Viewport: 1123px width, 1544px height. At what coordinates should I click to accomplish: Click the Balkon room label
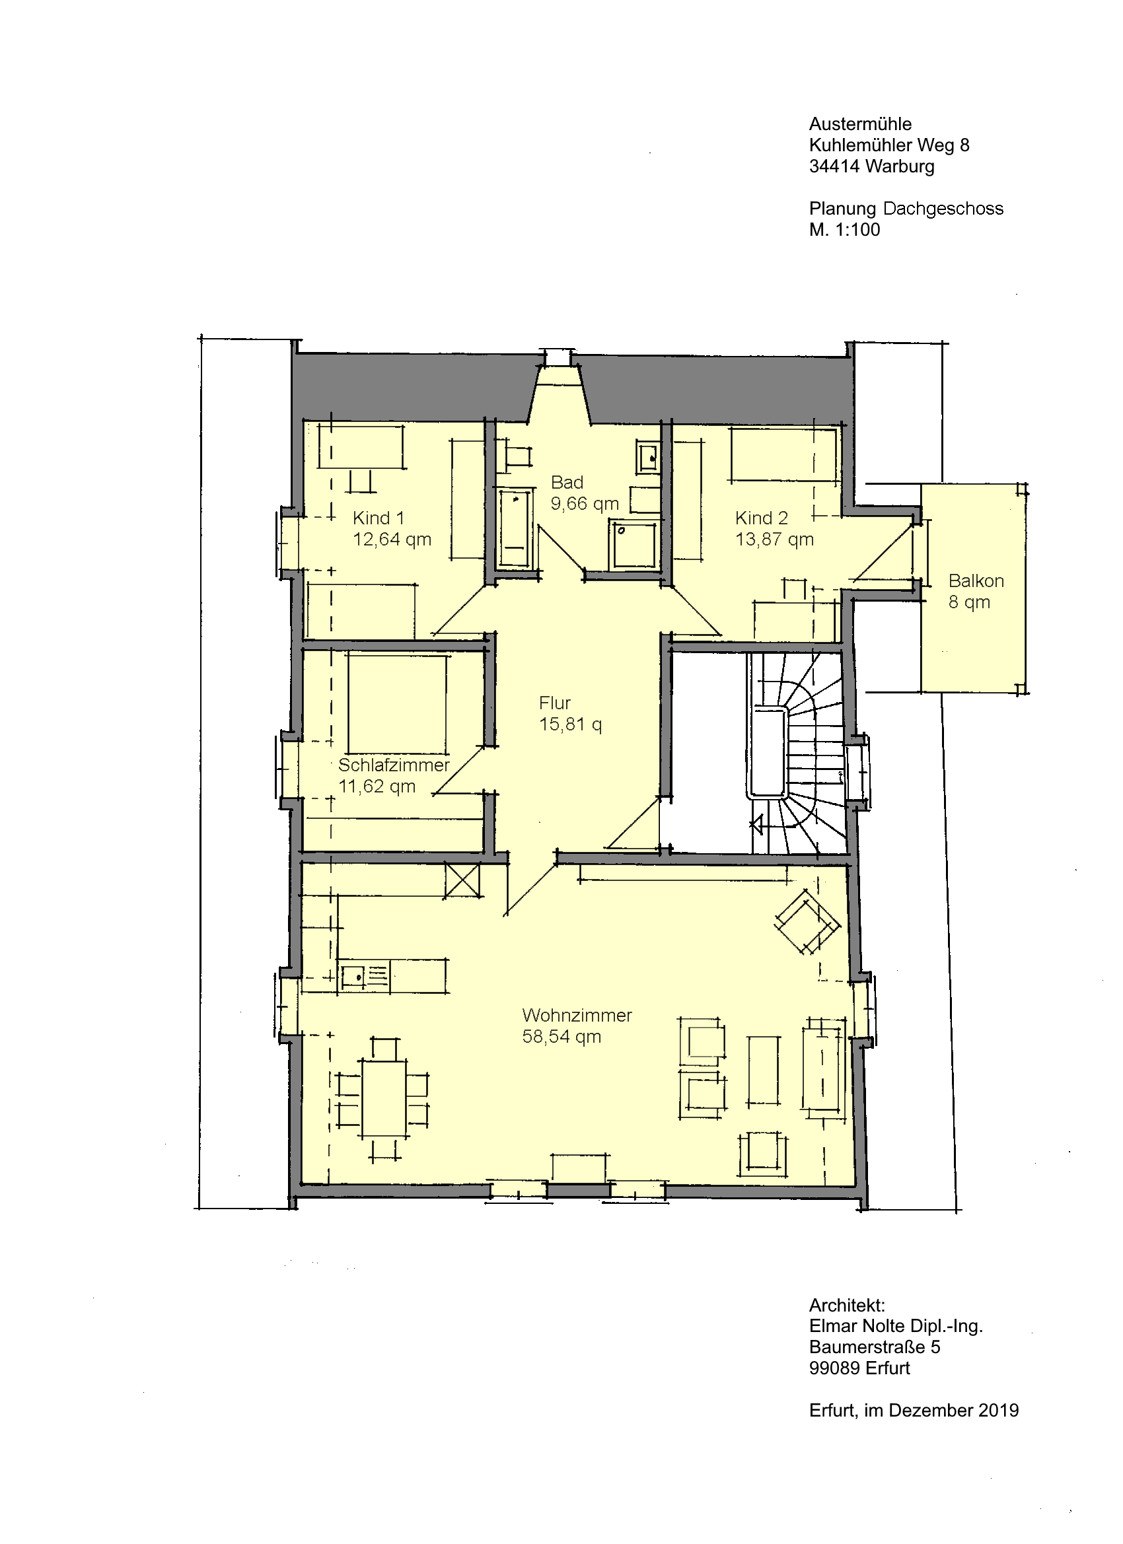coord(976,581)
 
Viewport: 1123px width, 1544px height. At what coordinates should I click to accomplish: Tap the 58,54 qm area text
coord(562,1037)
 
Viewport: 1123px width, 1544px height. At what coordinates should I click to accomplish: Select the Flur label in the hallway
coord(555,703)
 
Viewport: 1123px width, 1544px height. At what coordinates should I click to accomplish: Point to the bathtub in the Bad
coord(515,529)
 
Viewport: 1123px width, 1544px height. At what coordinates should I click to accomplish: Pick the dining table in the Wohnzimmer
coord(384,1097)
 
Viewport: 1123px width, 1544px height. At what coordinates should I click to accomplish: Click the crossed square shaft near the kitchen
coord(462,881)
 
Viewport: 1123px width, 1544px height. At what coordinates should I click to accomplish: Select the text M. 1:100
coord(844,230)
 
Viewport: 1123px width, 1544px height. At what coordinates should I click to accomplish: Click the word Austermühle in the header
coord(860,125)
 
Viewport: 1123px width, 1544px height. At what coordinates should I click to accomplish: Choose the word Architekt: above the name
coord(847,1306)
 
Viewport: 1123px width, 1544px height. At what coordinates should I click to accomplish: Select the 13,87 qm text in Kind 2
coord(774,540)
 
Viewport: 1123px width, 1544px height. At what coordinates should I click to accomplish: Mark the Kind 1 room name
coord(379,518)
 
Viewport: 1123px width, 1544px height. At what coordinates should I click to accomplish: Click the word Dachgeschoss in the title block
coord(943,209)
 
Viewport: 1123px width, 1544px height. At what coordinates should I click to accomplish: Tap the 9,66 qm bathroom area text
coord(585,504)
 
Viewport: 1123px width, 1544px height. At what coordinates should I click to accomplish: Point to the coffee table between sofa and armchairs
coord(764,1070)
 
